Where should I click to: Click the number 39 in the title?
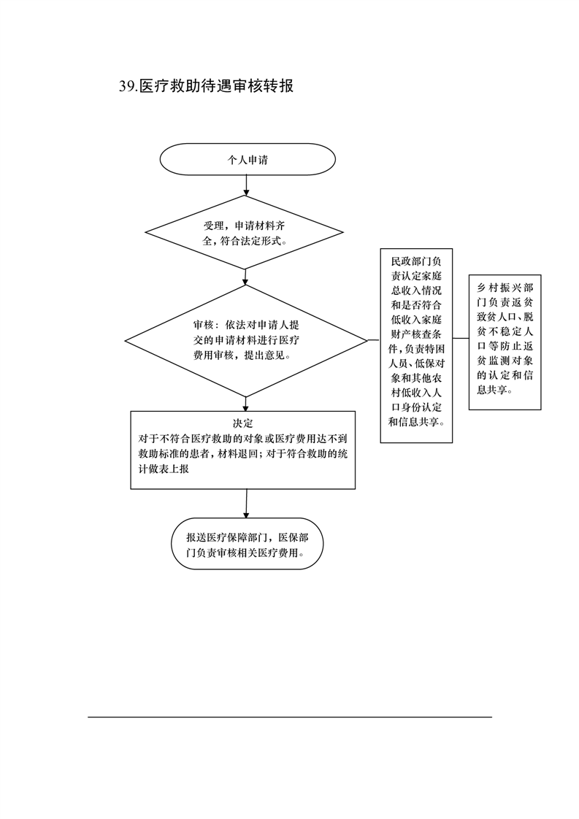point(126,86)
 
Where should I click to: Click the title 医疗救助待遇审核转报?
point(216,85)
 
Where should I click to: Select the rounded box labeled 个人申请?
point(248,159)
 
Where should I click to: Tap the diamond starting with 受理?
point(244,232)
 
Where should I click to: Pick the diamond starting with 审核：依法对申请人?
point(245,341)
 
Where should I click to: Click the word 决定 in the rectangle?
point(242,423)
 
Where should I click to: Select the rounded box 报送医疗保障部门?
point(248,544)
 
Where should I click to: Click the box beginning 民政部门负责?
point(416,346)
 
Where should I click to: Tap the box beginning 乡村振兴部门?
point(505,342)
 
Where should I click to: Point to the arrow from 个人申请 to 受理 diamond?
point(246,185)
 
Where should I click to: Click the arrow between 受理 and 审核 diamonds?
point(245,277)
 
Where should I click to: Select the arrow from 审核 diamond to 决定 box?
point(245,404)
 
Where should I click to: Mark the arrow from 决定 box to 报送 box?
point(245,504)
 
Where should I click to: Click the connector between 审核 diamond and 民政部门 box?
point(374,339)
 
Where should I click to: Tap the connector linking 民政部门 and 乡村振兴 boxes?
point(461,339)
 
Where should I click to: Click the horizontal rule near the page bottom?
point(290,717)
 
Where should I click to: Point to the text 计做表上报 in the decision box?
point(163,469)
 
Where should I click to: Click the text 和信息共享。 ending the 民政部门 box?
point(416,422)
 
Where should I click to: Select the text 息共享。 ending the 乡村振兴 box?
point(494,390)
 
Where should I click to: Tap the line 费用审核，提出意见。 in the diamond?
point(242,355)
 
